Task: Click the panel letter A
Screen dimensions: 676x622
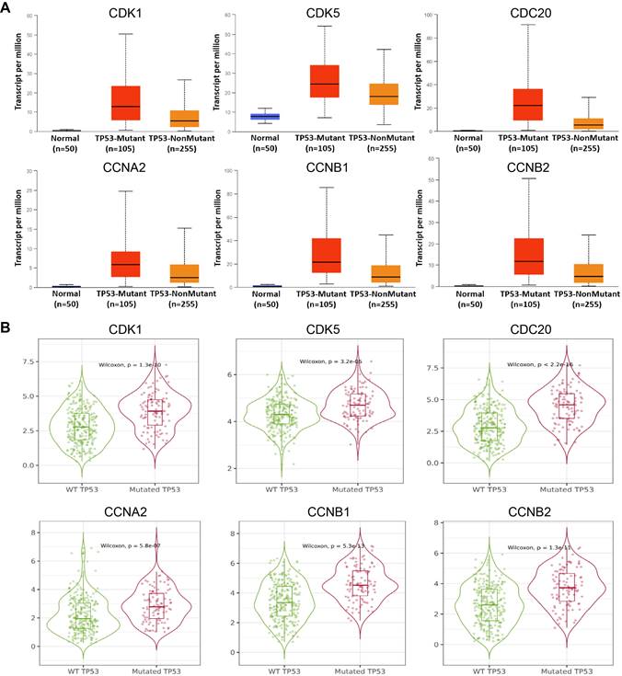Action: tap(8, 8)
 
